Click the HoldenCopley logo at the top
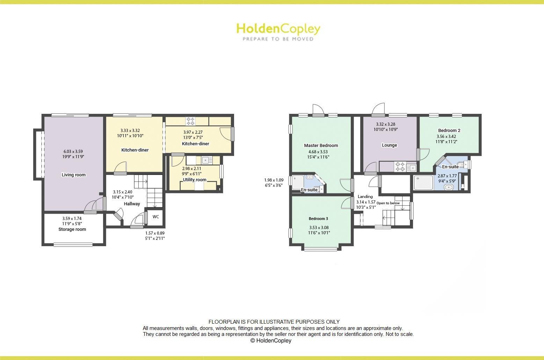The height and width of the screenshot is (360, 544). click(x=278, y=31)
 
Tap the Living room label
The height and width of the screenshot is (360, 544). click(x=73, y=175)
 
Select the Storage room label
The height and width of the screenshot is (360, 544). click(x=72, y=229)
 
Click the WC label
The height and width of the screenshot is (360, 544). click(x=156, y=217)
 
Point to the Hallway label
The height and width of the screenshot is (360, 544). click(x=132, y=204)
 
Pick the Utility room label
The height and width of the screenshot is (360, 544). click(x=195, y=180)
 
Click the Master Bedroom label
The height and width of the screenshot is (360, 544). click(x=321, y=146)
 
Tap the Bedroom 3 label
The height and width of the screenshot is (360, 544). click(x=318, y=219)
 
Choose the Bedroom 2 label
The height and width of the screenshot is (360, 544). click(x=449, y=131)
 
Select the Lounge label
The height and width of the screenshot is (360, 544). click(x=389, y=145)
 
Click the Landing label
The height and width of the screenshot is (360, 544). click(x=365, y=197)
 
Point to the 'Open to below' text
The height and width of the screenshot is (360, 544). click(x=388, y=203)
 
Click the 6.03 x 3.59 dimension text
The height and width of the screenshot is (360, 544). click(x=73, y=152)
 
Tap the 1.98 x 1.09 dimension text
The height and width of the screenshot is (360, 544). click(x=274, y=180)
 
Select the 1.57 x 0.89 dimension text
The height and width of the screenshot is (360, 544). click(x=155, y=233)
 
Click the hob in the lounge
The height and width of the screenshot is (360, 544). click(x=400, y=167)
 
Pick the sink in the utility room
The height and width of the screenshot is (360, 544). click(x=206, y=160)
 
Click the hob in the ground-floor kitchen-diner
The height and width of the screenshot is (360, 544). click(x=190, y=121)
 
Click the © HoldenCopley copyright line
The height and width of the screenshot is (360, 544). click(x=271, y=340)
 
